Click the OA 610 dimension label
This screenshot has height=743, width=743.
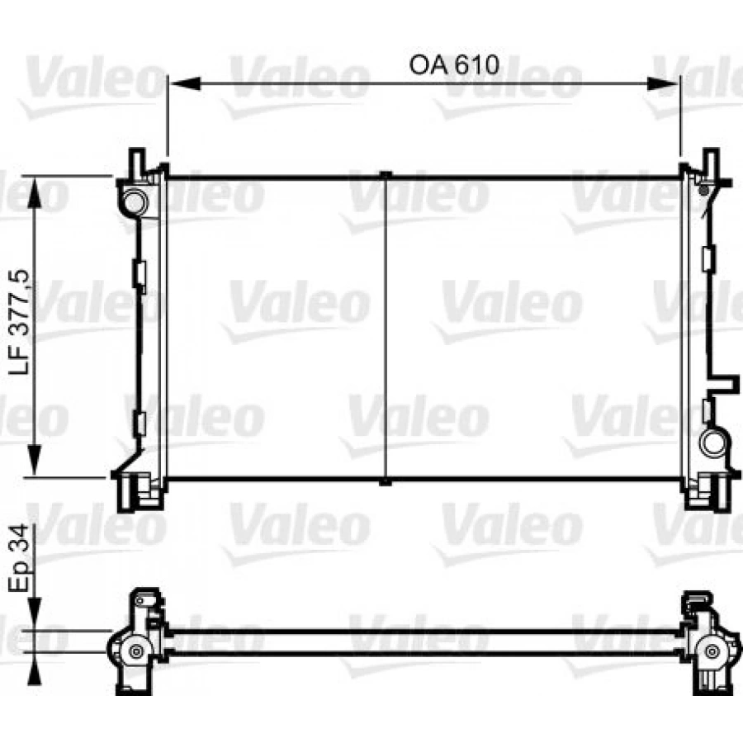[x=453, y=65]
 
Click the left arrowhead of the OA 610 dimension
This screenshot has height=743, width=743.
[x=185, y=84]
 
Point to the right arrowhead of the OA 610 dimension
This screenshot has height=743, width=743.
[x=663, y=84]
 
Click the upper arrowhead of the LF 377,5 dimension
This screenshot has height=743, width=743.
[x=35, y=192]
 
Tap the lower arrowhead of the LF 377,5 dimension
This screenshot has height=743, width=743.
[x=35, y=460]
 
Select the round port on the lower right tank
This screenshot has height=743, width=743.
[x=712, y=442]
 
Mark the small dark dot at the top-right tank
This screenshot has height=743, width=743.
[x=704, y=191]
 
